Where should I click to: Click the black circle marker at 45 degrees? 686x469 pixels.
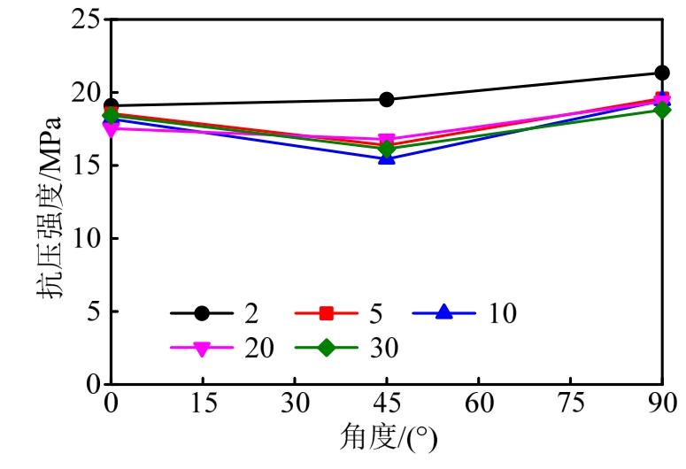(387, 99)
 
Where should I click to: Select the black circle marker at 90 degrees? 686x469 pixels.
(662, 73)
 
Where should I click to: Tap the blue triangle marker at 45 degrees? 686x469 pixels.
(387, 158)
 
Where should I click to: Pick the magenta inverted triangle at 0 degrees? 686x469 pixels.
(111, 129)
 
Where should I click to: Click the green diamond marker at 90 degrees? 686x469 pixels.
(662, 110)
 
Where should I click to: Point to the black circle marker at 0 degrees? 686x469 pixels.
(111, 105)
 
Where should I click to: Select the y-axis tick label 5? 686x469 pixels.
(93, 311)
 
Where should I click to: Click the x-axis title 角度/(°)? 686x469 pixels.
(387, 438)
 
